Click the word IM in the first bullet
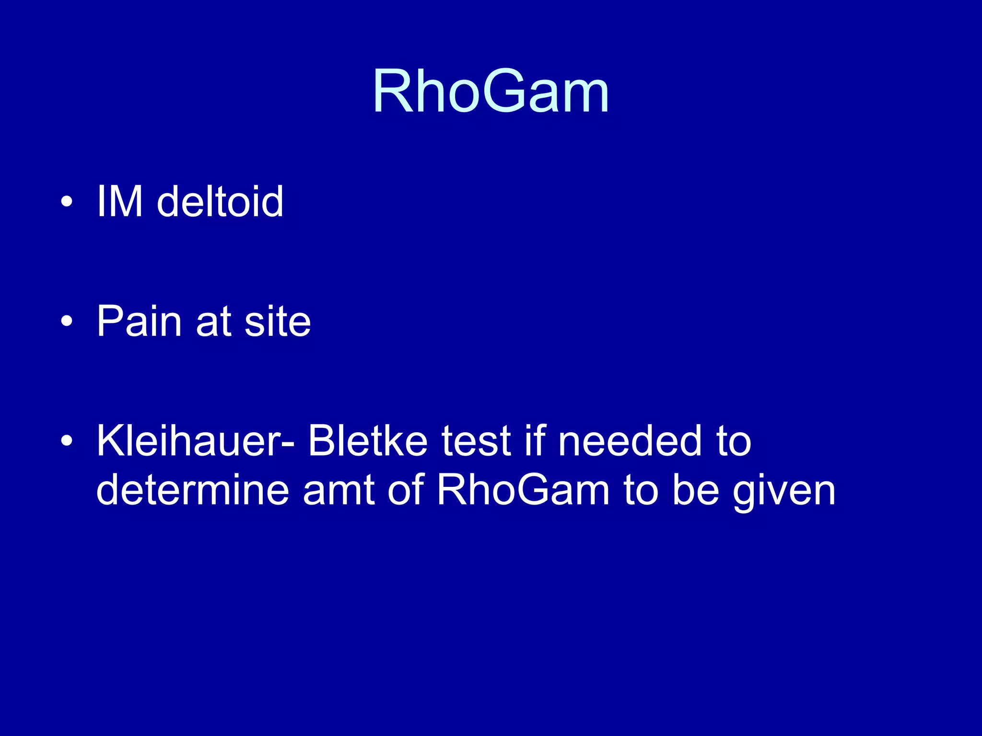(119, 201)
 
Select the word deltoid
(220, 201)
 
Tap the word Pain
(139, 321)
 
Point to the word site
(278, 321)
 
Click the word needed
(630, 441)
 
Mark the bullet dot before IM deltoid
(67, 202)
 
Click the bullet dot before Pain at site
(67, 322)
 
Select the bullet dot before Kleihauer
(67, 441)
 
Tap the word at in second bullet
(213, 322)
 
